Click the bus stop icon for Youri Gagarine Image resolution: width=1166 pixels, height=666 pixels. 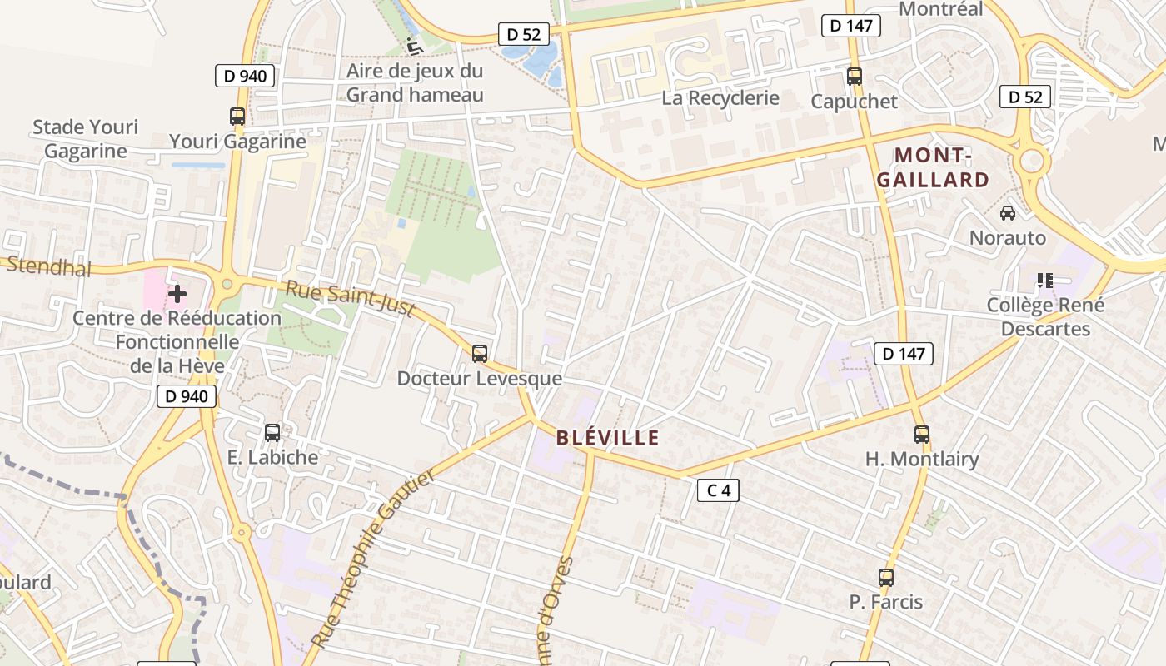click(237, 117)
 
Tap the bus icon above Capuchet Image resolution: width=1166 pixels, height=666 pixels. click(855, 77)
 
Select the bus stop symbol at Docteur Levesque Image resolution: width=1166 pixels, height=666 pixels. click(480, 354)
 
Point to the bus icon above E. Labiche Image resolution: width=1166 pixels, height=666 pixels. click(272, 433)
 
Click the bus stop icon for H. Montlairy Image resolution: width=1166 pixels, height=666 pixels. click(922, 434)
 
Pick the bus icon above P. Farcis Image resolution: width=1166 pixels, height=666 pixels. click(886, 578)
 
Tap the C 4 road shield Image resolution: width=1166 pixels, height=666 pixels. click(718, 490)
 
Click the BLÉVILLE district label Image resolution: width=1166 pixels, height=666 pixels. click(607, 438)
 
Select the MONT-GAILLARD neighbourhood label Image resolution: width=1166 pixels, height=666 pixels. click(933, 167)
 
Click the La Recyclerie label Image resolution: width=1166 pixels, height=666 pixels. click(720, 98)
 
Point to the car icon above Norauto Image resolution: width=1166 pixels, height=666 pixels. click(1008, 213)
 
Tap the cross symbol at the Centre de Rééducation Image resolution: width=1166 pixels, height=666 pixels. click(177, 294)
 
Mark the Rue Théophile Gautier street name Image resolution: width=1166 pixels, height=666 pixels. click(374, 558)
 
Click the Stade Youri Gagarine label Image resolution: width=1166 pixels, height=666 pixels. click(86, 139)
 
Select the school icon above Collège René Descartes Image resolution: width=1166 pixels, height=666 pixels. click(1045, 281)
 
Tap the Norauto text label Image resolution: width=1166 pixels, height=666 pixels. click(1008, 238)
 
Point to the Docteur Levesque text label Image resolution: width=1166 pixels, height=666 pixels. click(479, 379)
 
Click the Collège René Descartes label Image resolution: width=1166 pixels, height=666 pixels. click(1045, 317)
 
